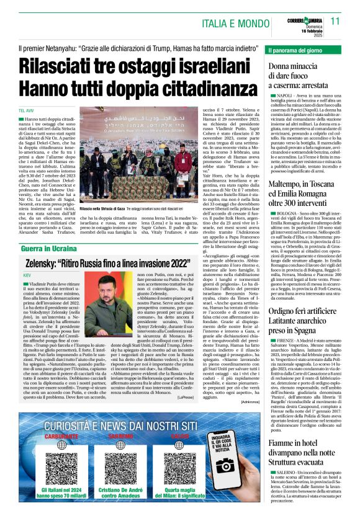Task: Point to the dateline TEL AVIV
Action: (25, 110)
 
